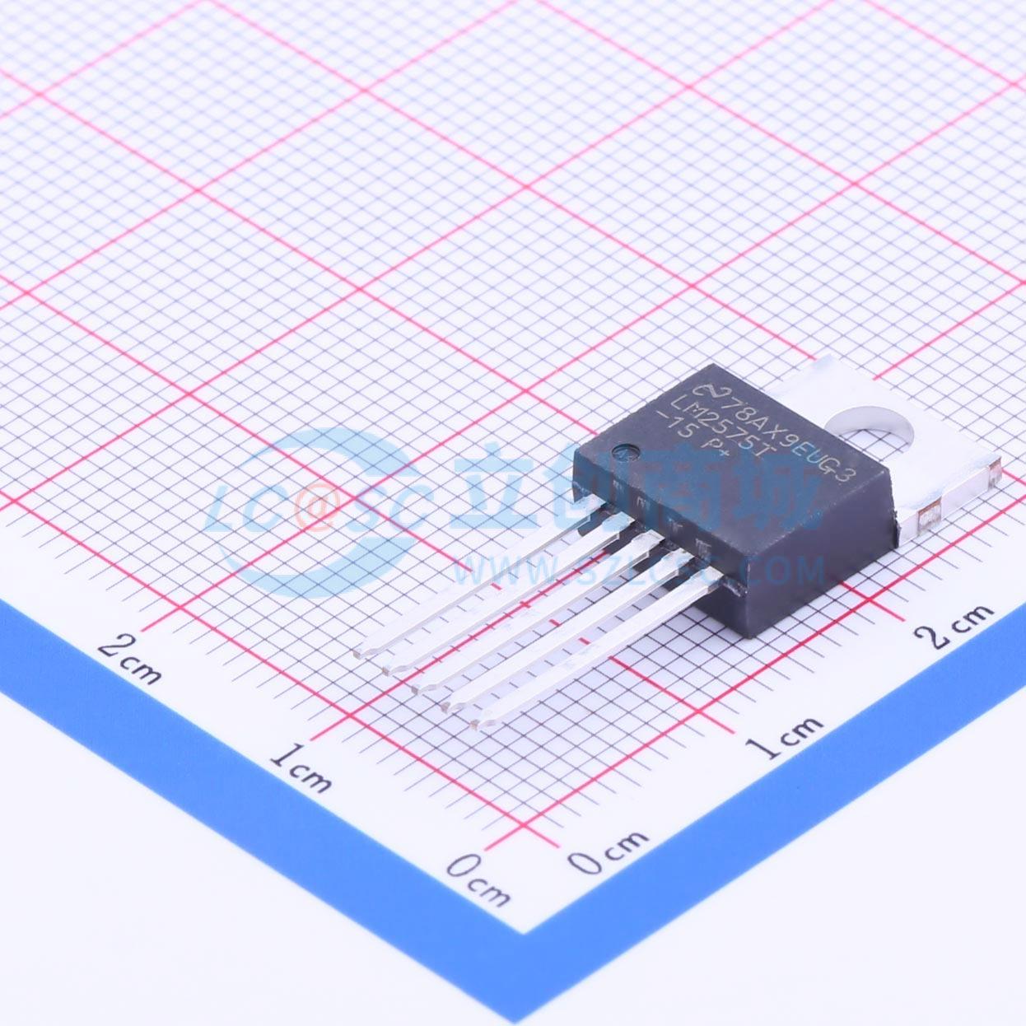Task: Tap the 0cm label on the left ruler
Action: coord(478,879)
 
